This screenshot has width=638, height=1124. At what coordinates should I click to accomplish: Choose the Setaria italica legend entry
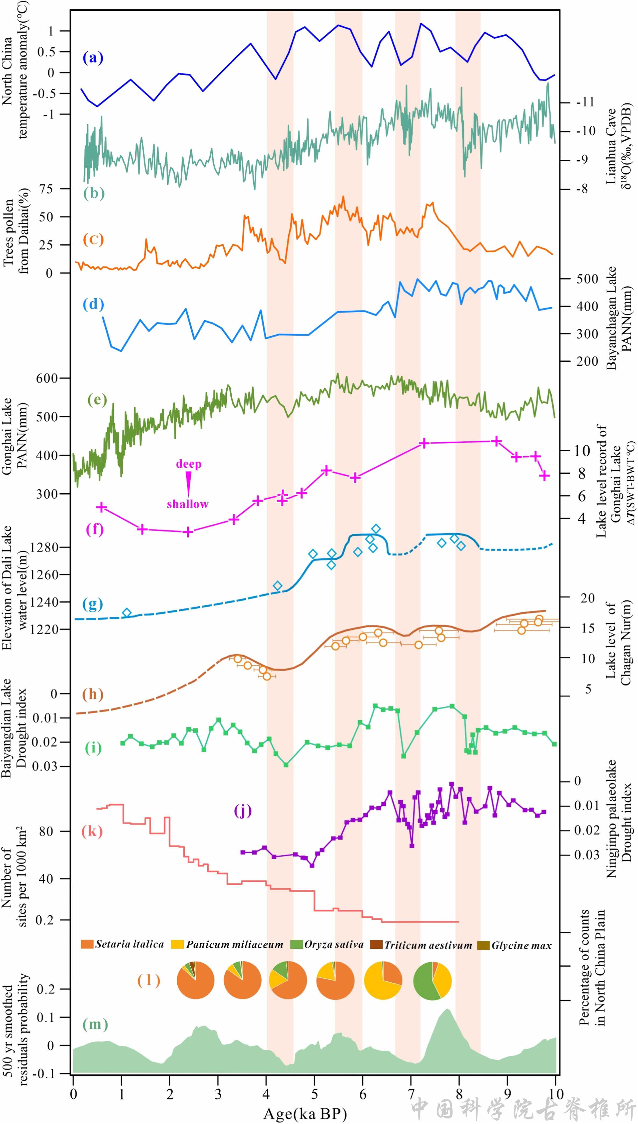123,944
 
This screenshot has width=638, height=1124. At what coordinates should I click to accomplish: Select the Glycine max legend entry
514,945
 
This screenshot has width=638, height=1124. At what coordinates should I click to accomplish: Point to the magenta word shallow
188,504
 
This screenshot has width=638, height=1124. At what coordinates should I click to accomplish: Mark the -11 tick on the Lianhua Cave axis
584,102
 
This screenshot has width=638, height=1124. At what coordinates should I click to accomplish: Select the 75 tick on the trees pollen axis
46,189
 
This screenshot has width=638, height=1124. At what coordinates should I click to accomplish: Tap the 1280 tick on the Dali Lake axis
43,547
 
